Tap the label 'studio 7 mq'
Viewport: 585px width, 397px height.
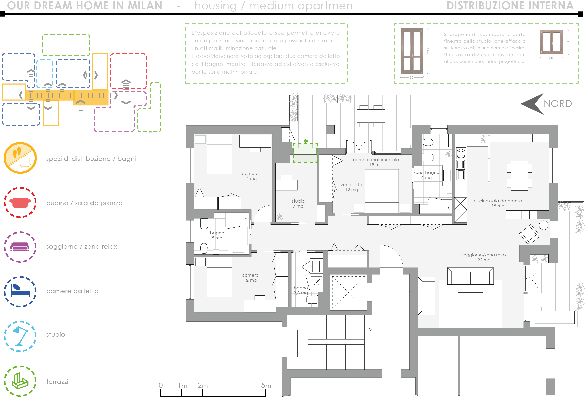pos(298,204)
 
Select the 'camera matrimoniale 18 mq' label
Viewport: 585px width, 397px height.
pos(376,162)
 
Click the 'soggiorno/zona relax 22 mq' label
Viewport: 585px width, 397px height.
pos(484,257)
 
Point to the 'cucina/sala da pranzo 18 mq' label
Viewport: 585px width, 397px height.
pos(498,203)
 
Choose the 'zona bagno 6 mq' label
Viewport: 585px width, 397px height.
pos(426,175)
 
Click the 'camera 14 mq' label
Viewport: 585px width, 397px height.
pos(250,176)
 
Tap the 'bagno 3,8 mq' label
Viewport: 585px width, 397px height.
pos(301,290)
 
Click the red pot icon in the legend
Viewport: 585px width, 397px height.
pos(20,203)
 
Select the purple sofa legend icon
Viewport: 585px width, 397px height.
pos(20,246)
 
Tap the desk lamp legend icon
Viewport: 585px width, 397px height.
pos(20,336)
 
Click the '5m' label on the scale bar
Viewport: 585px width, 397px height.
pos(266,385)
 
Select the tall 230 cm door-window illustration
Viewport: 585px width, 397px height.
pos(412,51)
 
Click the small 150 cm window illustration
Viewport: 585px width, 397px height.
pos(551,42)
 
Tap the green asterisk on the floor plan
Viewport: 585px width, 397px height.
pos(305,141)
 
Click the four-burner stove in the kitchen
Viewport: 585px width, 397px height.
pos(461,153)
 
